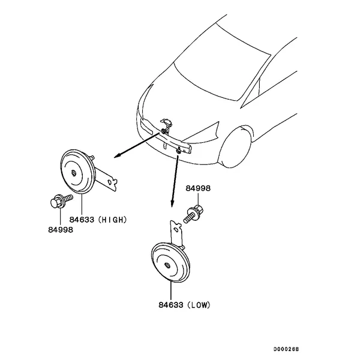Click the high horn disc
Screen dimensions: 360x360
pyautogui.click(x=76, y=173)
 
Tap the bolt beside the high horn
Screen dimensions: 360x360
pyautogui.click(x=60, y=200)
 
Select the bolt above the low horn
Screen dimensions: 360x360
pyautogui.click(x=196, y=213)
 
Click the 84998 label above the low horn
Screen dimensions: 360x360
pyautogui.click(x=198, y=188)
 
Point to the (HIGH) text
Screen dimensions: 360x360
pyautogui.click(x=112, y=220)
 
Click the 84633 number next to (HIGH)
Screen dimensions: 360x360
pyautogui.click(x=81, y=220)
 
